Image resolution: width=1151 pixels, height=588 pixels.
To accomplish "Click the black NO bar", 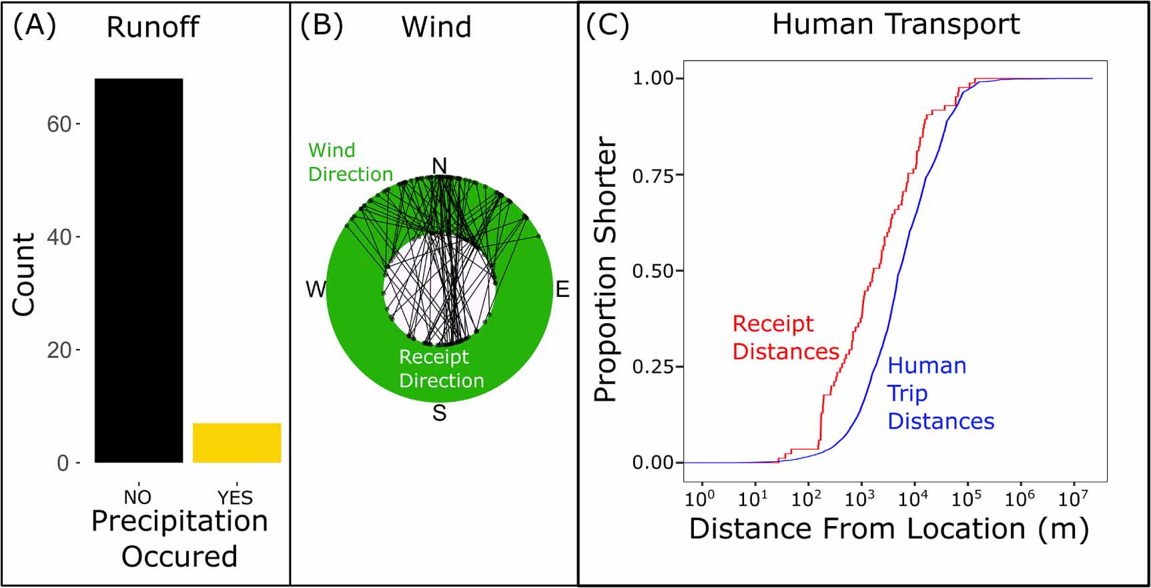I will click(139, 270).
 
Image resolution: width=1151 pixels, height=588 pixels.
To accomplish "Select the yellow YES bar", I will click(237, 443).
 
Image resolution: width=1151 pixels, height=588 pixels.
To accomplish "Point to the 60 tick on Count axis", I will click(59, 124).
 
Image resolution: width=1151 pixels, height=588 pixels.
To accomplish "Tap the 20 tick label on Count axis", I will click(59, 350).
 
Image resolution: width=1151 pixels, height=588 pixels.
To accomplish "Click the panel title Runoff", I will click(153, 27).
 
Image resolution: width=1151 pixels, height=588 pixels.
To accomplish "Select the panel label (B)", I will click(321, 26).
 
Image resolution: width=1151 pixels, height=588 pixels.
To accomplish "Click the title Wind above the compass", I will click(436, 27).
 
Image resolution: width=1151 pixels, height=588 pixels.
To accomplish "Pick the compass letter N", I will click(439, 166).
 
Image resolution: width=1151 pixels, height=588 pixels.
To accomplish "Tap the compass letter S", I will click(439, 413).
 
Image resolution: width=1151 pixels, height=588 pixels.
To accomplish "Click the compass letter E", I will click(562, 290).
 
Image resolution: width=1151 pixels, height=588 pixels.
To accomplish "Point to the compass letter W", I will click(316, 290).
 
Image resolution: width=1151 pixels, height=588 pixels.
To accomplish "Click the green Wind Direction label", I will click(350, 162).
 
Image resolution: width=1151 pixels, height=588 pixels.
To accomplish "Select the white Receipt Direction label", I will click(441, 368).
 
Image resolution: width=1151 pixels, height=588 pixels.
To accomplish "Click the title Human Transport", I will click(895, 25).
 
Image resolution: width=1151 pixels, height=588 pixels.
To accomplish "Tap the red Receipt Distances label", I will click(785, 338).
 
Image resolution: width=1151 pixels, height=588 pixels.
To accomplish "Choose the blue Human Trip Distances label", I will click(940, 393).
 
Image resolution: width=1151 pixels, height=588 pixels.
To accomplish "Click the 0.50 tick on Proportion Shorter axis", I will click(653, 271).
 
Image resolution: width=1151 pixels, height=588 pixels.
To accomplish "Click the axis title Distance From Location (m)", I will click(889, 529).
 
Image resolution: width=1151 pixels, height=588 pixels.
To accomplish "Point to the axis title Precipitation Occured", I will click(179, 539).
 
